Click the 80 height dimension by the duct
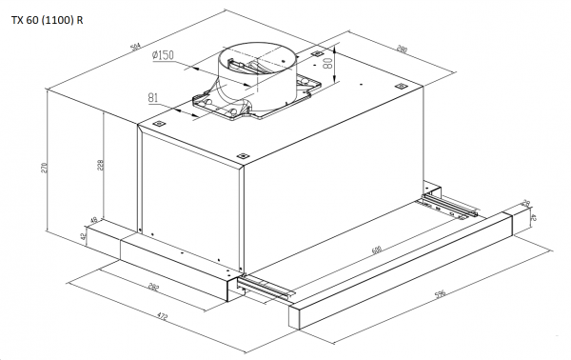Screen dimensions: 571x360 coord(329,66)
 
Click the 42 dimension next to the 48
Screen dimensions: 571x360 coord(83,234)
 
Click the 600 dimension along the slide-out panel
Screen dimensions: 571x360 coord(377,250)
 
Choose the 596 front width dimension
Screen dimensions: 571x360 coord(440,294)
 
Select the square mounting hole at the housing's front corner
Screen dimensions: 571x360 coord(242,156)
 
